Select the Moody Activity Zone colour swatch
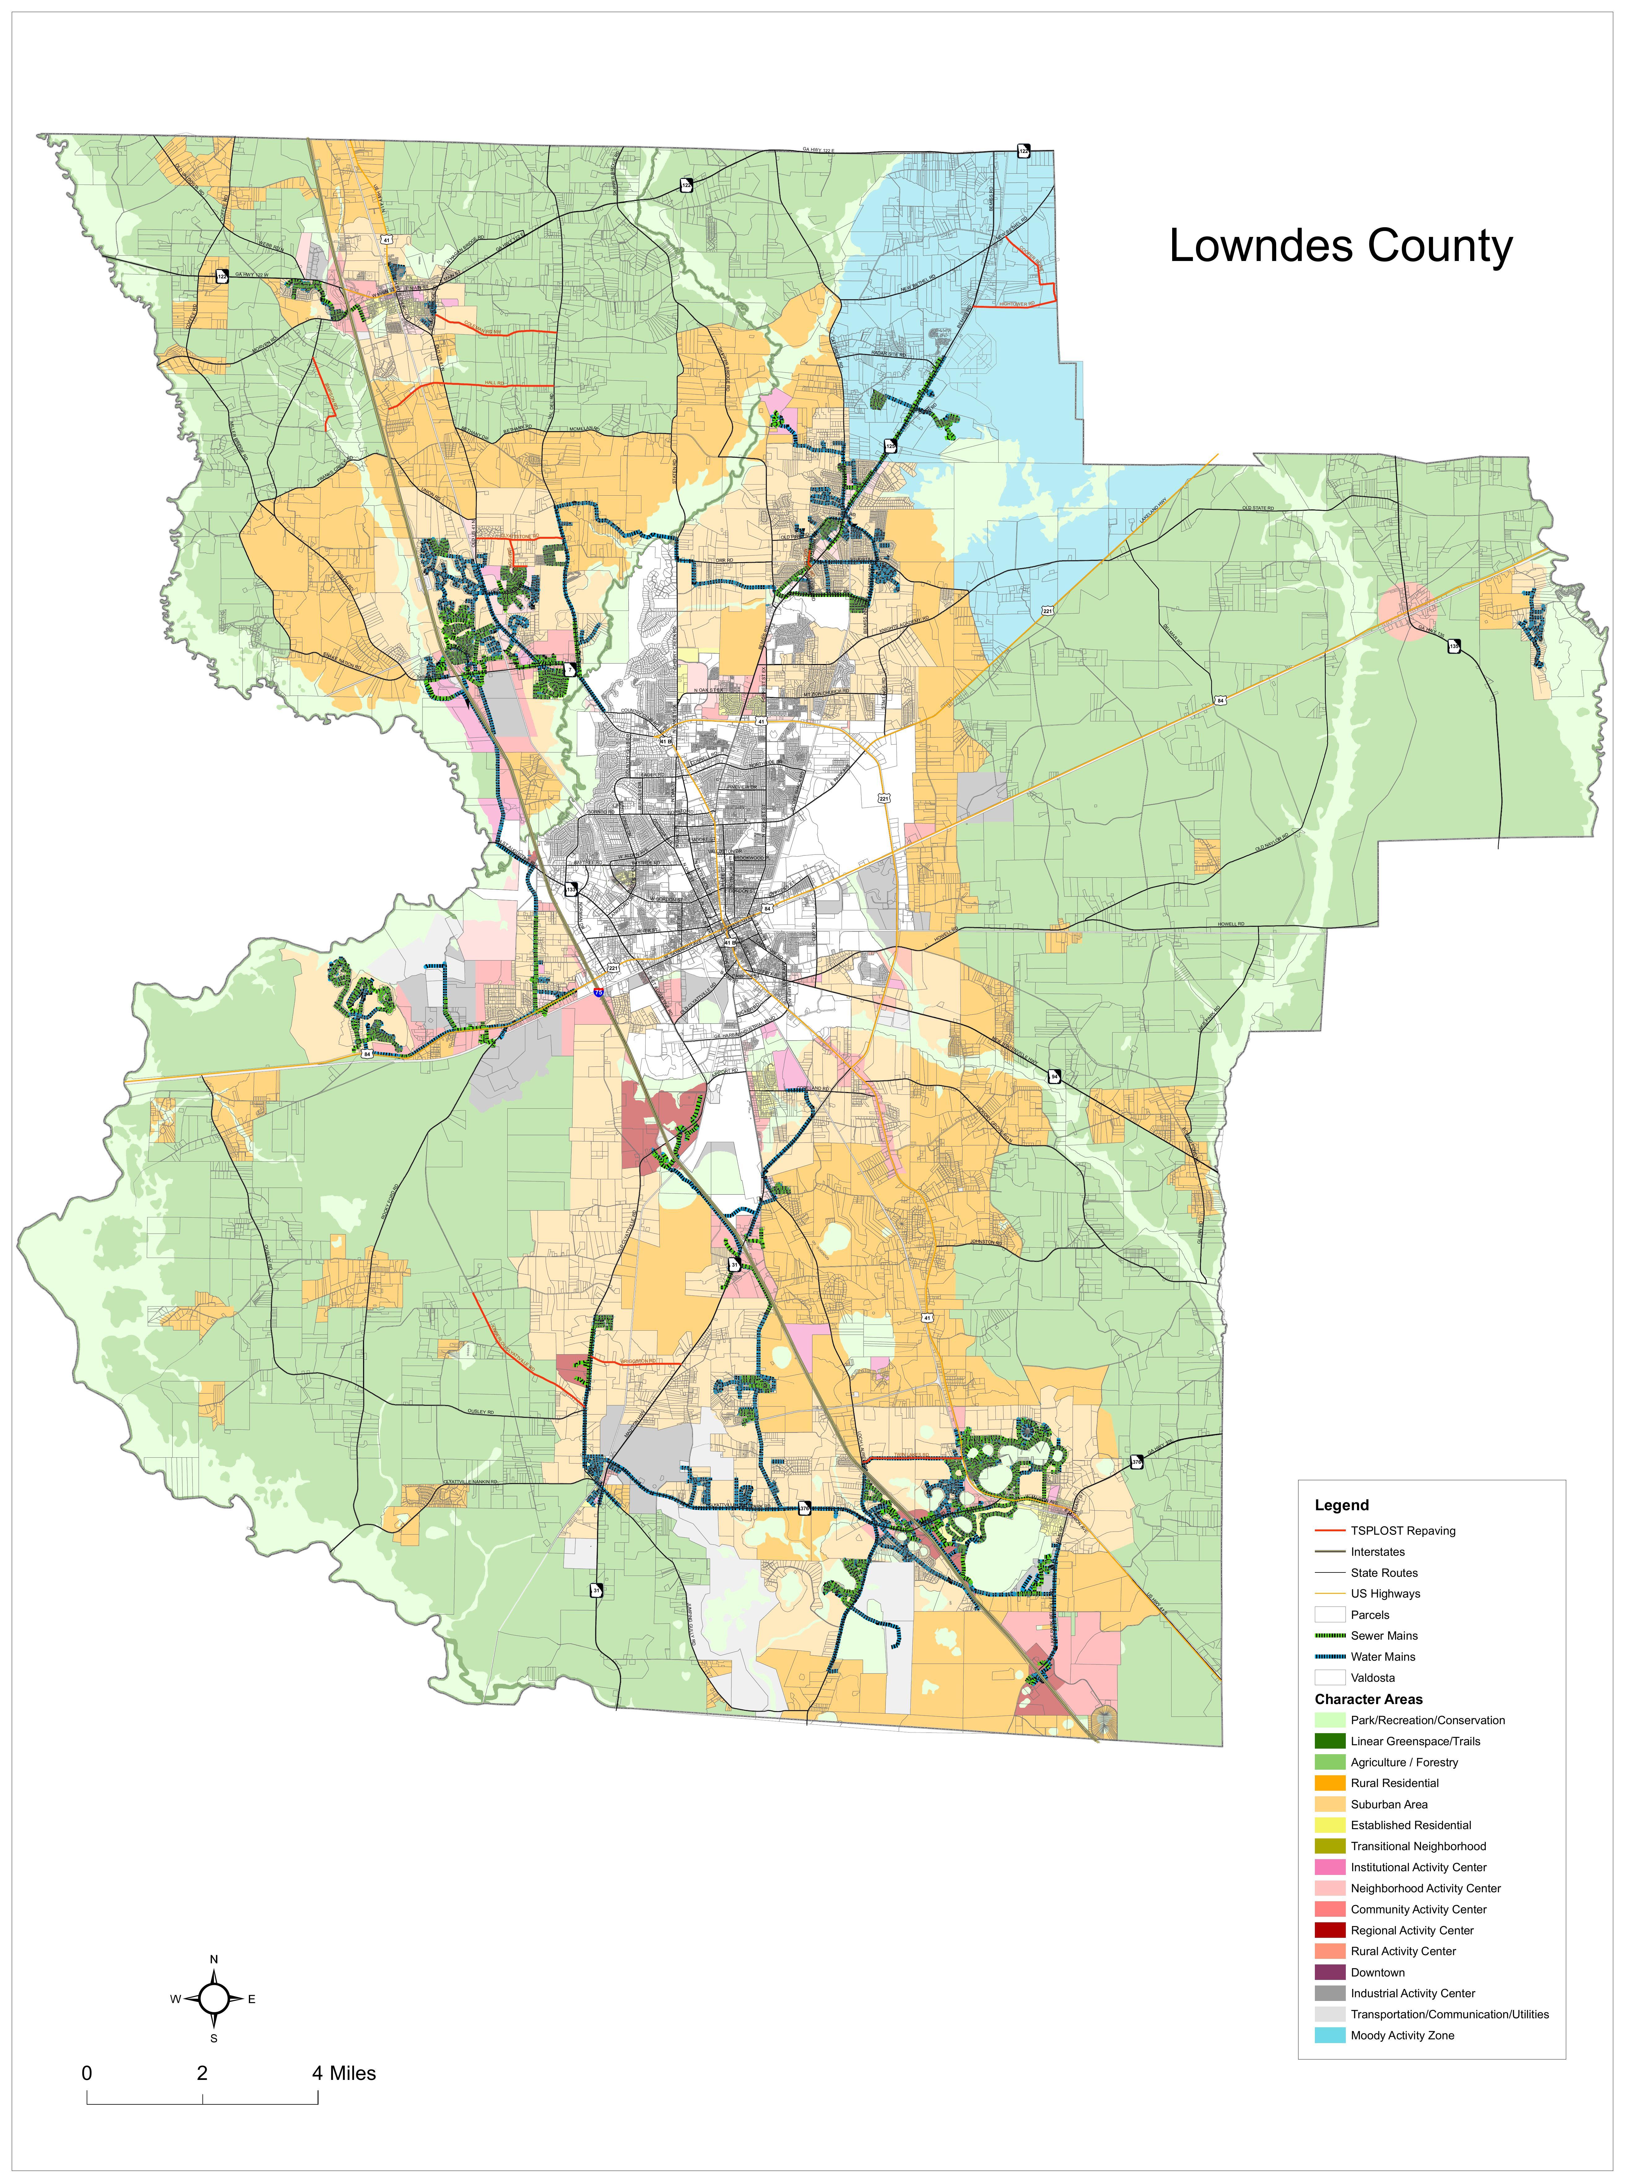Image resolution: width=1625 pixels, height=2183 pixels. point(1329,2035)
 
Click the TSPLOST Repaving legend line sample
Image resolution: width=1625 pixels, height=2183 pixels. point(1329,1531)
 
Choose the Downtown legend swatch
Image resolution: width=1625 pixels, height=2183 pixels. point(1329,1972)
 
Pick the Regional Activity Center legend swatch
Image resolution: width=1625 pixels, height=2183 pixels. point(1329,1930)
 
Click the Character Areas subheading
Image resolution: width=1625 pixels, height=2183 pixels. point(1368,1699)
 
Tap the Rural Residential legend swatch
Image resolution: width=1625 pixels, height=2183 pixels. point(1329,1783)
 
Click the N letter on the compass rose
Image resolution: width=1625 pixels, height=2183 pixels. point(214,1960)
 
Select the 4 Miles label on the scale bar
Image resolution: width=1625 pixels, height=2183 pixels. point(344,2074)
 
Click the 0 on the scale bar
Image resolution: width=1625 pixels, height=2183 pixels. point(88,2074)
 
